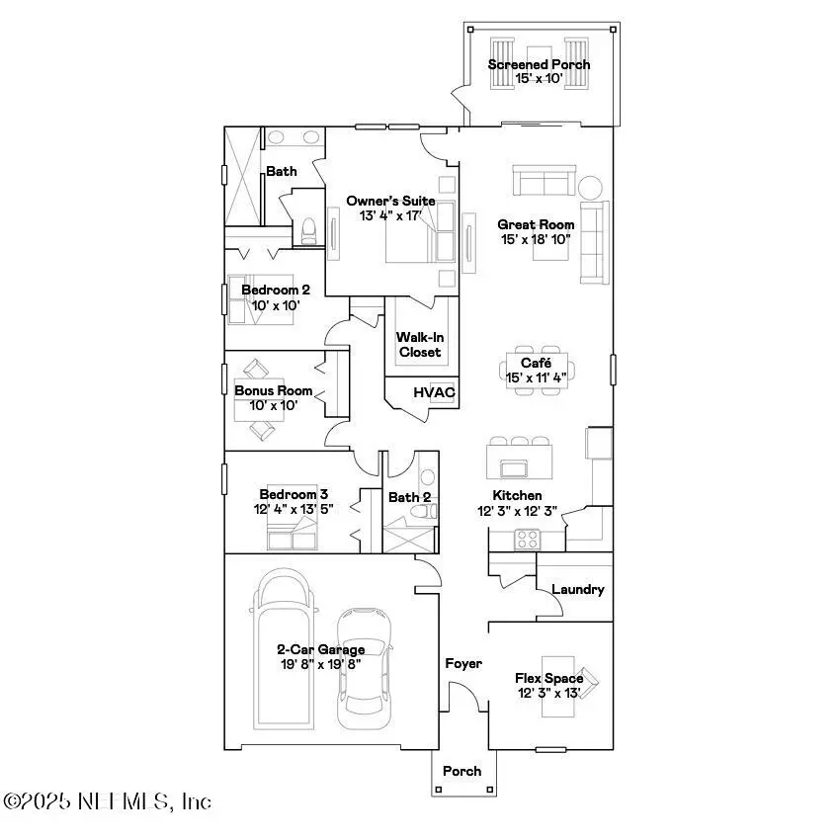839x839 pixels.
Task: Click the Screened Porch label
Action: pos(539,64)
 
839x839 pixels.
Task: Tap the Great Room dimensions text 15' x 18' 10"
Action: pos(536,239)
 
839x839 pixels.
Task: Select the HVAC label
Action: pos(434,392)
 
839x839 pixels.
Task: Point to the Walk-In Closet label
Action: pos(420,344)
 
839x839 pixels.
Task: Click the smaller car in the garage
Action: pos(363,667)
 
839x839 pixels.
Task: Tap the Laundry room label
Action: pos(577,589)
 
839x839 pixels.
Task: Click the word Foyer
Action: pos(462,663)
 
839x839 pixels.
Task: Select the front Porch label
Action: pos(461,771)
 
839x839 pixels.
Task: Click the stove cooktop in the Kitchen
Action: pos(527,539)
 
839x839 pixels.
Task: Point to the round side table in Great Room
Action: pos(590,187)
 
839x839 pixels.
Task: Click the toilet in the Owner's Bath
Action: pos(308,230)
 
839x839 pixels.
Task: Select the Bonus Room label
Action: pos(273,390)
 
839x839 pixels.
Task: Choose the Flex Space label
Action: pos(548,678)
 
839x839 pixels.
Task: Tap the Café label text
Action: pos(536,363)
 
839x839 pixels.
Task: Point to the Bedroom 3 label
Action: pos(294,494)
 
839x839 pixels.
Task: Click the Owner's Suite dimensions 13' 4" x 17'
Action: pos(390,215)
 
